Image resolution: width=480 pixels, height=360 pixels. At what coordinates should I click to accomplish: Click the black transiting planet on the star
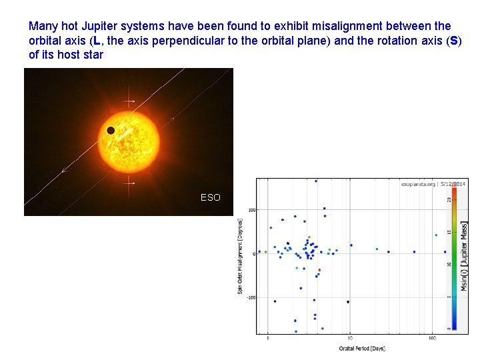111,130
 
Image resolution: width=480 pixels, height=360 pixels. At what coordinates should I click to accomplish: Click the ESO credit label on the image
210,197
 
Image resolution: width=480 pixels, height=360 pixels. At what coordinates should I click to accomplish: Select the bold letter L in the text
97,41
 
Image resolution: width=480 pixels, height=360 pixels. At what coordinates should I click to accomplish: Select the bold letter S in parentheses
454,41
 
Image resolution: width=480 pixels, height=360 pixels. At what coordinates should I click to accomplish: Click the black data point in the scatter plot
348,302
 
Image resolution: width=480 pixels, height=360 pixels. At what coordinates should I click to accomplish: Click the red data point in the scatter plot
319,270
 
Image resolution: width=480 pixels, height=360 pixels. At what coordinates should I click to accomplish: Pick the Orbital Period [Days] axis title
361,348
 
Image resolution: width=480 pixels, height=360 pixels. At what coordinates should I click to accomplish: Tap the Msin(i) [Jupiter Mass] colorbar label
464,257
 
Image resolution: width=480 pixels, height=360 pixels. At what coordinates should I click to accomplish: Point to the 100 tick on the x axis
432,339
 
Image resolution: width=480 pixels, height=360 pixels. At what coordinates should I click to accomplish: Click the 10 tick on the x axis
349,339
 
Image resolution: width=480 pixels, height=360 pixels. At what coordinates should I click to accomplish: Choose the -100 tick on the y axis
252,298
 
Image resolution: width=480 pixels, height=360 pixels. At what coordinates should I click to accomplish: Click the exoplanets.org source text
417,183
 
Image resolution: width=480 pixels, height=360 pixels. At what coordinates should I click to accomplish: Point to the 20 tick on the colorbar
448,199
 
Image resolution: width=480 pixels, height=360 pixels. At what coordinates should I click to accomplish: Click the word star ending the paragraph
93,55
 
